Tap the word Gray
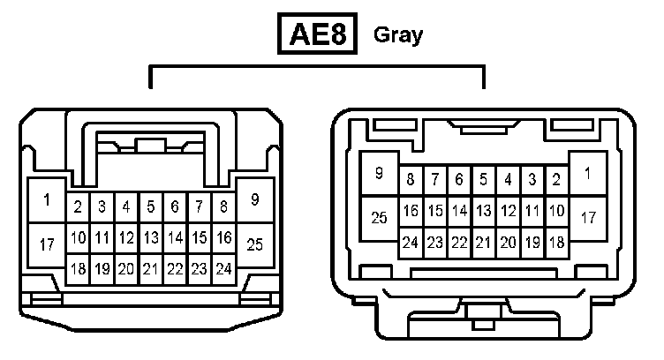[x=398, y=35]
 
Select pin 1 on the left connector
[x=47, y=199]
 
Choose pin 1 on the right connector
[x=587, y=174]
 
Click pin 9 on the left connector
[x=255, y=199]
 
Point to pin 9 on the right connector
[x=379, y=174]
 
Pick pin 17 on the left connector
[x=47, y=244]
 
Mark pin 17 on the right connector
[x=587, y=216]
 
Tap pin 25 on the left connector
[x=255, y=244]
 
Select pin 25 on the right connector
[x=379, y=216]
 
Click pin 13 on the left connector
[x=151, y=236]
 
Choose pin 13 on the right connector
[x=483, y=211]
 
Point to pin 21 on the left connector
[x=151, y=268]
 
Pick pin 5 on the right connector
[x=483, y=180]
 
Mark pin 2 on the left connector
[x=78, y=207]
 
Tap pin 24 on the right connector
[x=410, y=242]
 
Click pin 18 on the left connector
[x=78, y=268]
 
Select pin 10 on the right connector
[x=556, y=211]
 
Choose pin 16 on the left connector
[x=224, y=236]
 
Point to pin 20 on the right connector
[x=508, y=242]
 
